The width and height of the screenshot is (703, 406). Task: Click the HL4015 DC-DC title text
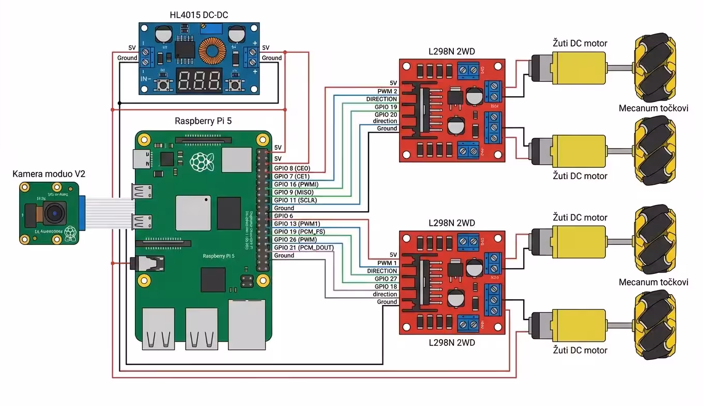199,15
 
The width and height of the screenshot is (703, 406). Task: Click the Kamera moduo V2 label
49,174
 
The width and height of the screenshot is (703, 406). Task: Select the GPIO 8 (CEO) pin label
292,168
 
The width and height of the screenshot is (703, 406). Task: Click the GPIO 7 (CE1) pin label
292,176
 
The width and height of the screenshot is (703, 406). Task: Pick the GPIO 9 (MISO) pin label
294,192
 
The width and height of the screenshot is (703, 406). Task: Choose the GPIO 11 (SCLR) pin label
295,200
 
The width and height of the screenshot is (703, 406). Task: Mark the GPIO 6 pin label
283,216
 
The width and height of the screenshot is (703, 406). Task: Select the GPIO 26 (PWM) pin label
295,240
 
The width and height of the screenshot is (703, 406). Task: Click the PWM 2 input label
387,91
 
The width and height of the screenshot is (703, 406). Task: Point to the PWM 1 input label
387,263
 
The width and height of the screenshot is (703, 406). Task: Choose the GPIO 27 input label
386,279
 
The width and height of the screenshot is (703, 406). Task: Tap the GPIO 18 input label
386,286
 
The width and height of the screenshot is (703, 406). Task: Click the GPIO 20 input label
386,114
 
